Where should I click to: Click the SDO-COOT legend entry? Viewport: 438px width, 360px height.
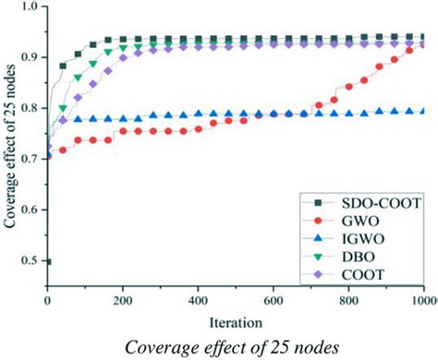(361, 202)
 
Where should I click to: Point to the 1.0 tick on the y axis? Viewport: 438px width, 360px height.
(30, 8)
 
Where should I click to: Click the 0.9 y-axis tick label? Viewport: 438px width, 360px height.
(30, 58)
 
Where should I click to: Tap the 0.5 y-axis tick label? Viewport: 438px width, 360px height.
(30, 261)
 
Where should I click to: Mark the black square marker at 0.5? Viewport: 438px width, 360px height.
(47, 261)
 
